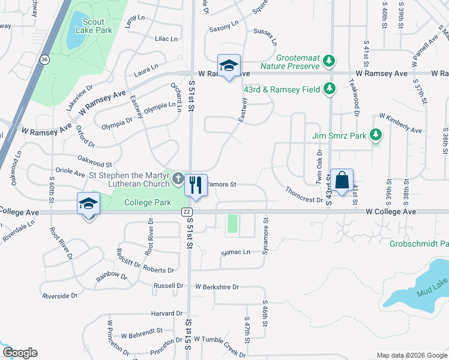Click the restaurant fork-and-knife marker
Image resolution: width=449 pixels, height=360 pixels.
(194, 185)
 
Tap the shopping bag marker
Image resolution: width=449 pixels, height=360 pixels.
(342, 180)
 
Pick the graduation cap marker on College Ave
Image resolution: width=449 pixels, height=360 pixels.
(88, 204)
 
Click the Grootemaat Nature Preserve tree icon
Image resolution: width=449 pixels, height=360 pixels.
(328, 61)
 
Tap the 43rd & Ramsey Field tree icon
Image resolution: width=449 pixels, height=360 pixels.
(328, 89)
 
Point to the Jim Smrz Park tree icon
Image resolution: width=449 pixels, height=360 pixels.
(376, 136)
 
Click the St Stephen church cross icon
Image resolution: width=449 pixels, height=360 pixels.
(178, 179)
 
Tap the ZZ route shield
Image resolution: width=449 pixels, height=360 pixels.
(187, 212)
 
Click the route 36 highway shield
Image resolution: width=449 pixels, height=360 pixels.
(45, 60)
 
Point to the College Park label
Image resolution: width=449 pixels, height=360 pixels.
(148, 203)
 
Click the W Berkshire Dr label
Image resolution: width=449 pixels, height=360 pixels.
(217, 287)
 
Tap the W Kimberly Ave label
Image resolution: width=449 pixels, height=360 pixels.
(400, 122)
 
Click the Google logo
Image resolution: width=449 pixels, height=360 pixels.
(20, 353)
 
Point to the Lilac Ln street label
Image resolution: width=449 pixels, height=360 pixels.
(166, 39)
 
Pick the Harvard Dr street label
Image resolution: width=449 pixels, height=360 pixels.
(166, 313)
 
